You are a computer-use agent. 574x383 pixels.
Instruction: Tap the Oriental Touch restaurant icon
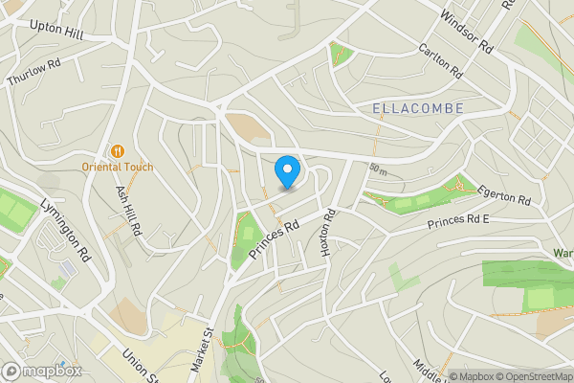point(119,150)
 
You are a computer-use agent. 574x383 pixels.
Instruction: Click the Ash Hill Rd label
point(129,211)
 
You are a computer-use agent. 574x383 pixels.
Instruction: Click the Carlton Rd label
point(440,59)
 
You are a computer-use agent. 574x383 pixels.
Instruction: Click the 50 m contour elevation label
point(377,170)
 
